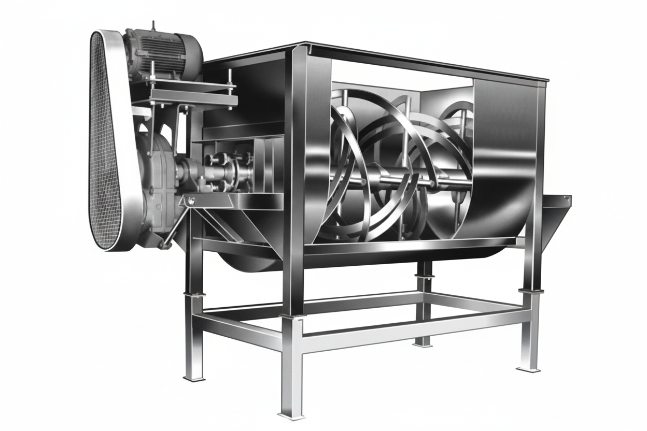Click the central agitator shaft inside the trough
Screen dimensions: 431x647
[394, 181]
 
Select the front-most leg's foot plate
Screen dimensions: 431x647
[291, 414]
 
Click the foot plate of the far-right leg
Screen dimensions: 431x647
[529, 369]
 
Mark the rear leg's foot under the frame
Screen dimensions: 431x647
[423, 342]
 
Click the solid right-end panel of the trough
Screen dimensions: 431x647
[505, 155]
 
